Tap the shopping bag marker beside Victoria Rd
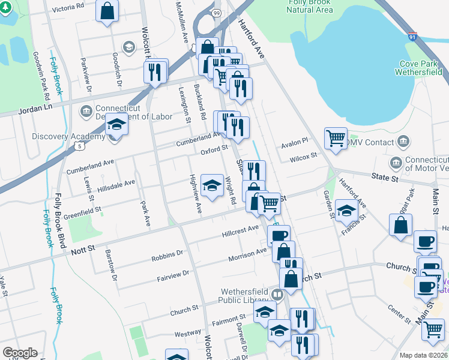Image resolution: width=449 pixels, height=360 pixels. (107, 11)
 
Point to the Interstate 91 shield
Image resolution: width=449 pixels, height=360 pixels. (412, 37)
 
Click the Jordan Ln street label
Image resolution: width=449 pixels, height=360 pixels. (36, 106)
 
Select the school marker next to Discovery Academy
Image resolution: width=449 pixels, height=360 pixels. (116, 125)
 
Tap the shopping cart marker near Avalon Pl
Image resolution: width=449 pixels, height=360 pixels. (336, 138)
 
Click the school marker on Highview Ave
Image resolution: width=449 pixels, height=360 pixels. (212, 186)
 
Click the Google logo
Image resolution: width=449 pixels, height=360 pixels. (20, 352)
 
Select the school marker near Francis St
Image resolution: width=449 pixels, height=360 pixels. (346, 212)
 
